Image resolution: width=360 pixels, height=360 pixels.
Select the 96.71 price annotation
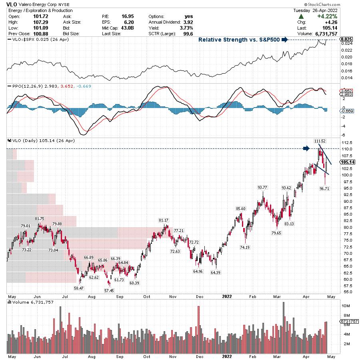point(325,188)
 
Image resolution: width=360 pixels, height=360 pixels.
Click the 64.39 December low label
point(216,272)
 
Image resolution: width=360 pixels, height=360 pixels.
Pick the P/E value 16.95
point(127,16)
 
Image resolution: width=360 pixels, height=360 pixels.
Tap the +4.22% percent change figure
point(327,16)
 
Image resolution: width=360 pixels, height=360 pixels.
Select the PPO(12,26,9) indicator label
point(24,86)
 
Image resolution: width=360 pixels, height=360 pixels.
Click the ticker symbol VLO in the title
point(11,4)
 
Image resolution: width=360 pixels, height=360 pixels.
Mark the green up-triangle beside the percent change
point(300,16)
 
